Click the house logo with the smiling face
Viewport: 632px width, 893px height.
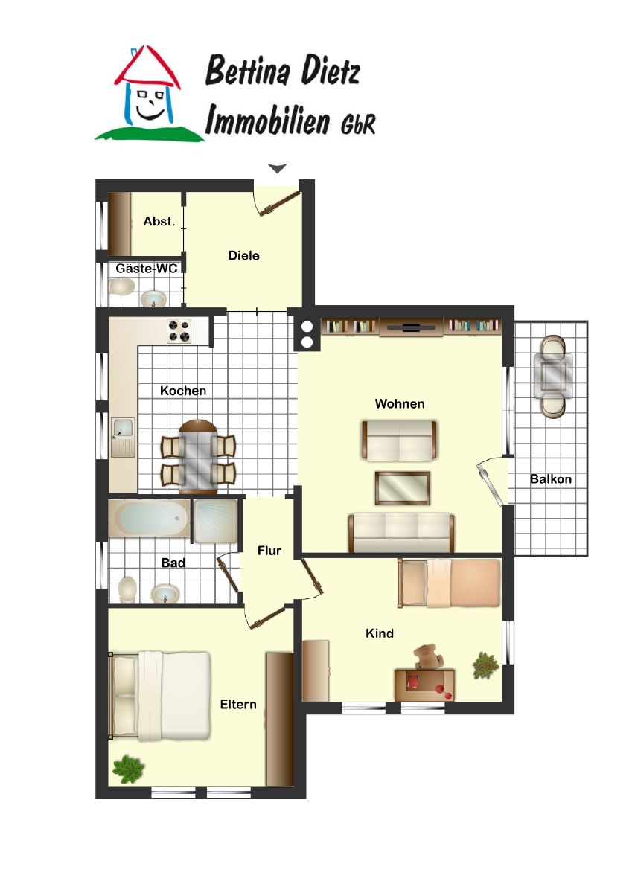point(148,94)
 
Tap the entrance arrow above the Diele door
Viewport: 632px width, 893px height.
point(277,168)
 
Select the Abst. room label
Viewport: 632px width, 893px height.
point(159,221)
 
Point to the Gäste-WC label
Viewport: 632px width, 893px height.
point(147,269)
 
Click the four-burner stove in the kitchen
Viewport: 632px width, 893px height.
point(179,330)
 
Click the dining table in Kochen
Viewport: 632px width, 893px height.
point(198,456)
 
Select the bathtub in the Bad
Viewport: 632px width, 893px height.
point(149,518)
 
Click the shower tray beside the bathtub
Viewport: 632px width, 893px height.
point(215,521)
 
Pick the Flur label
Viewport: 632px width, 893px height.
point(269,551)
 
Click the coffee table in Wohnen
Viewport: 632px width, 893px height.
point(402,488)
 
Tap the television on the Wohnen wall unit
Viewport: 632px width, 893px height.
point(411,327)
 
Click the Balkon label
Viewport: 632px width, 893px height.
point(551,478)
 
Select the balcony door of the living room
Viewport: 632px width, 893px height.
point(490,484)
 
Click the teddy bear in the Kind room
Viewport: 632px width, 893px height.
point(428,656)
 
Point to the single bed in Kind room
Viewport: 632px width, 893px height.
point(449,583)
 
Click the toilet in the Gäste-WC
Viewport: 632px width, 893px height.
point(122,287)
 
